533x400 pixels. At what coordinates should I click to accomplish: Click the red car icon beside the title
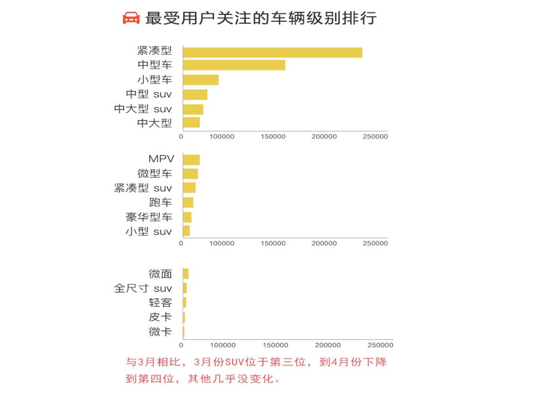tap(131, 18)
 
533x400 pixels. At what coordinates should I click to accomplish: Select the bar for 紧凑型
tap(272, 53)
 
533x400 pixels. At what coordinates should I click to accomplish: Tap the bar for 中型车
tap(234, 65)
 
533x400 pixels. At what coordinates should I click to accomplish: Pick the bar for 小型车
tap(200, 80)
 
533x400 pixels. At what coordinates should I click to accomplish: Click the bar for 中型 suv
tap(195, 94)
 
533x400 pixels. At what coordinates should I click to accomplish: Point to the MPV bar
tap(191, 160)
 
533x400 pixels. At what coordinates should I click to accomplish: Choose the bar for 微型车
tap(190, 174)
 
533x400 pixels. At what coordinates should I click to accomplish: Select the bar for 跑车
tap(188, 202)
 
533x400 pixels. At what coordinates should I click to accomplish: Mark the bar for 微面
tap(185, 273)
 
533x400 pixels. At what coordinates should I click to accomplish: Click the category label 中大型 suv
tap(143, 109)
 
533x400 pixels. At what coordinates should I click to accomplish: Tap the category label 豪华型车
tap(149, 217)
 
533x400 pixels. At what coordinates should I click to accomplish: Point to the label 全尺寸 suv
tap(143, 288)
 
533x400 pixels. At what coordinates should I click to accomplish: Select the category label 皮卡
tap(160, 317)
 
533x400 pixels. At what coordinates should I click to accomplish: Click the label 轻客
tap(160, 303)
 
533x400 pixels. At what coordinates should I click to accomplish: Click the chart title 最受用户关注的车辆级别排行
tap(261, 18)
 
